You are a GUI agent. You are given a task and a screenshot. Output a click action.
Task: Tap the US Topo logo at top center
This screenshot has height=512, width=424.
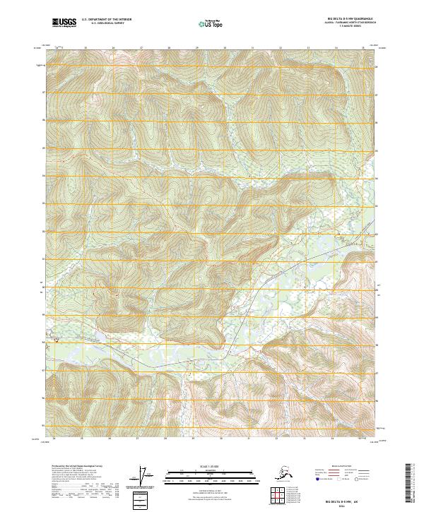[x=213, y=24]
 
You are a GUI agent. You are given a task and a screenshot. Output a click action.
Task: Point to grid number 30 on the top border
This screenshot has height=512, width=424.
[x=225, y=49]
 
